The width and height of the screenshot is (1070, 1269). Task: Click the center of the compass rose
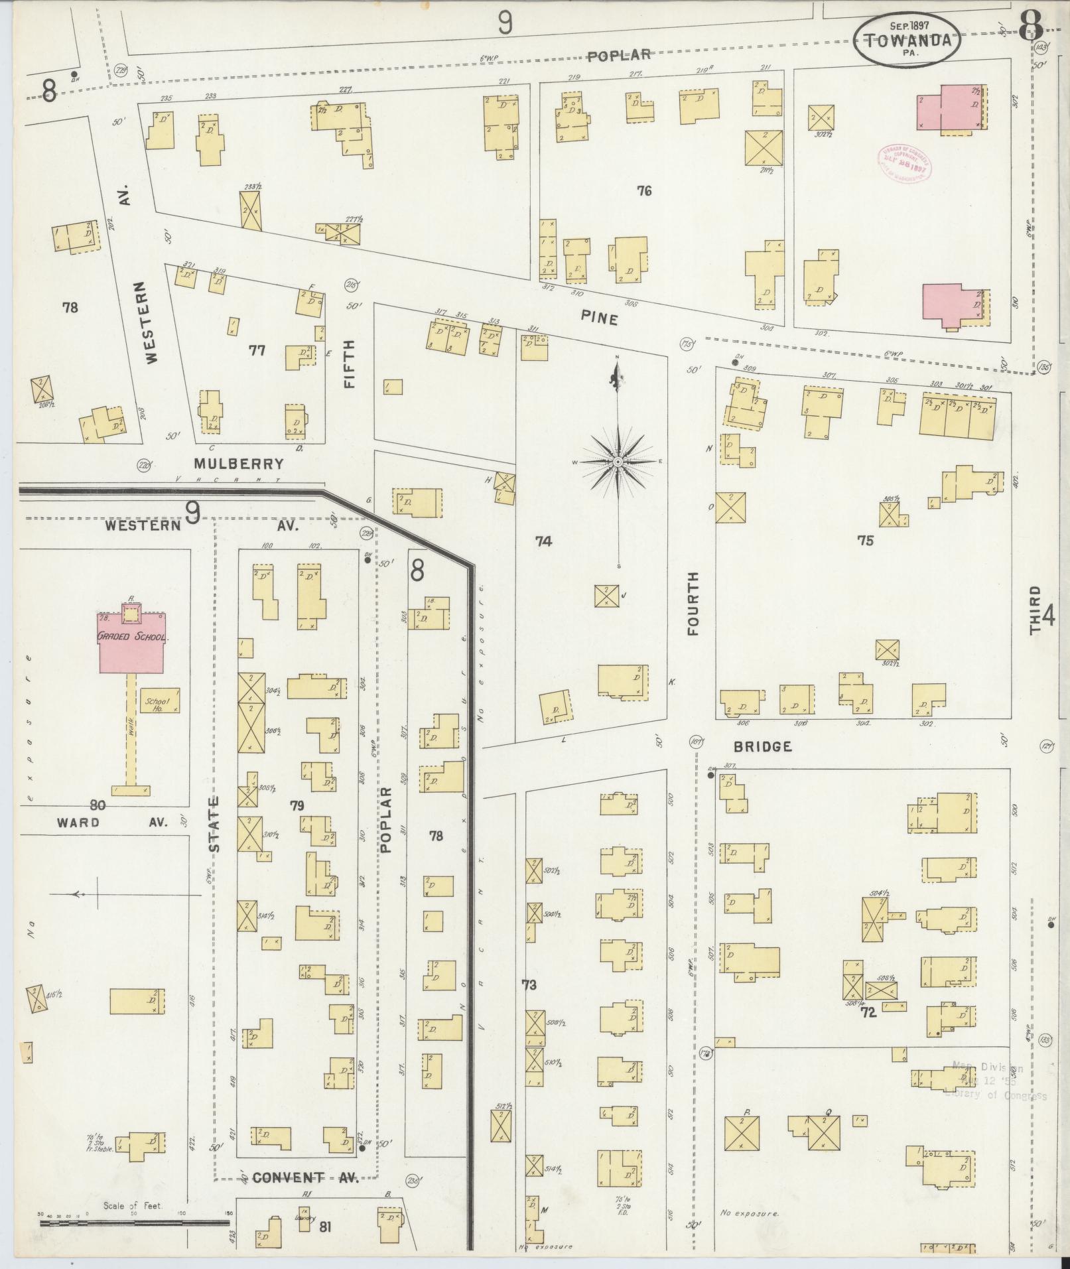pyautogui.click(x=618, y=461)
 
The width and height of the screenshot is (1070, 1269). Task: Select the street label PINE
pyautogui.click(x=599, y=319)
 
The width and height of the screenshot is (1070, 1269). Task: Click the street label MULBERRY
pyautogui.click(x=239, y=464)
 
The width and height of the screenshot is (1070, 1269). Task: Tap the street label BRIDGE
pyautogui.click(x=763, y=747)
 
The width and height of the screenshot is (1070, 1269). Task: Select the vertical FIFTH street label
pyautogui.click(x=350, y=364)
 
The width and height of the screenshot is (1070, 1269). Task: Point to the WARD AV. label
pyautogui.click(x=111, y=823)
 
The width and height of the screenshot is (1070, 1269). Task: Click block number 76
pyautogui.click(x=643, y=191)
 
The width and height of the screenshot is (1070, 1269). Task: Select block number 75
pyautogui.click(x=865, y=541)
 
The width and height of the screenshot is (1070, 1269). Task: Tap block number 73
pyautogui.click(x=529, y=985)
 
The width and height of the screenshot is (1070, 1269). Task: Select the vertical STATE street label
pyautogui.click(x=214, y=825)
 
